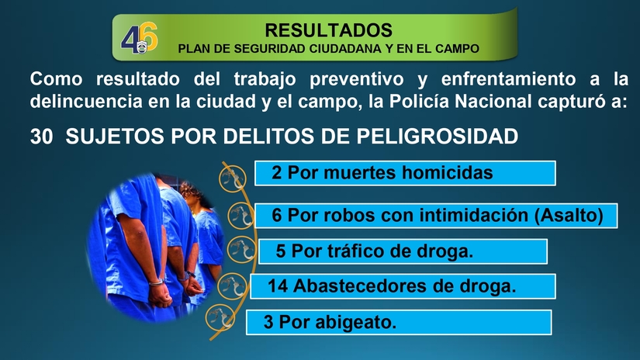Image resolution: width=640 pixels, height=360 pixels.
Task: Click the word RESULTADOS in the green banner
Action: pos(328,31)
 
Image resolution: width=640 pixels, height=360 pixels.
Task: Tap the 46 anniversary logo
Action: pos(140,38)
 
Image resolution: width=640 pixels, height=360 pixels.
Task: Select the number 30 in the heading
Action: pos(42,137)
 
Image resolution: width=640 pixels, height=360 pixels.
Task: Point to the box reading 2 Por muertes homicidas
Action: pos(405,173)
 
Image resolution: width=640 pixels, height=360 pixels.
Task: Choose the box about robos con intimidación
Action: pos(436,215)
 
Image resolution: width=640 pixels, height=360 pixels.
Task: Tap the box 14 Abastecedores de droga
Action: pos(403,286)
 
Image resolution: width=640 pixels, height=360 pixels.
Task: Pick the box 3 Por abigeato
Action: pos(398,322)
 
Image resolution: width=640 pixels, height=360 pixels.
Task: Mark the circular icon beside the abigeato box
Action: pos(223,317)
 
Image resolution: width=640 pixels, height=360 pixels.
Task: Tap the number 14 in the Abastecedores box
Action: pos(278,286)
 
